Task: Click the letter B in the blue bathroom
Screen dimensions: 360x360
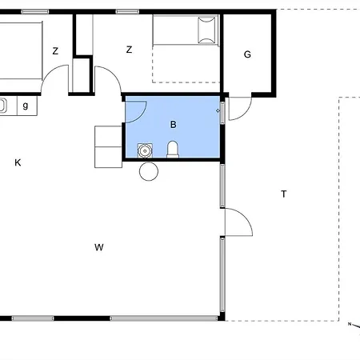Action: point(173,125)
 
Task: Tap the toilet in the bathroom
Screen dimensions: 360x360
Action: point(173,150)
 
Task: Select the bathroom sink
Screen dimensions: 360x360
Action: point(145,150)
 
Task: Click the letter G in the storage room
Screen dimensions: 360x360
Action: point(247,54)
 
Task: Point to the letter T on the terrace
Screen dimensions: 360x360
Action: point(283,194)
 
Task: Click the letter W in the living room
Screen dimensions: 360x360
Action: point(99,247)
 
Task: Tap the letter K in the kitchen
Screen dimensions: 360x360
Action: point(18,162)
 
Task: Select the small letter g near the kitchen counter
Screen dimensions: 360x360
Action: point(26,105)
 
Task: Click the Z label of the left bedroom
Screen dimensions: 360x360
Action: point(55,50)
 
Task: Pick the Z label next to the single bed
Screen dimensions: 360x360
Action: point(129,50)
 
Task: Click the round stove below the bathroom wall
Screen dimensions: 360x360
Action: point(148,171)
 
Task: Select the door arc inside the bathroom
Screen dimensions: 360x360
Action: point(136,110)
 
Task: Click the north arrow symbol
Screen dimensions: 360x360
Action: point(350,324)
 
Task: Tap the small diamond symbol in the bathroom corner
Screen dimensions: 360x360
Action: point(218,110)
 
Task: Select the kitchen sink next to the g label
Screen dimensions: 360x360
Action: point(2,105)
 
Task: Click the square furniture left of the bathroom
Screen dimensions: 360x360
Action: point(107,146)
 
